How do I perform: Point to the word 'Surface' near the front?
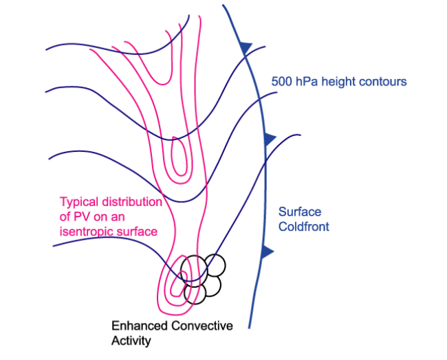click(x=299, y=212)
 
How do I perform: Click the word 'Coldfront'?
click(x=304, y=227)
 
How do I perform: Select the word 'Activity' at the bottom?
click(x=131, y=340)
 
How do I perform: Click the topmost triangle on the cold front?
click(x=246, y=48)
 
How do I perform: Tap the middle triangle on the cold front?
click(x=270, y=139)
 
